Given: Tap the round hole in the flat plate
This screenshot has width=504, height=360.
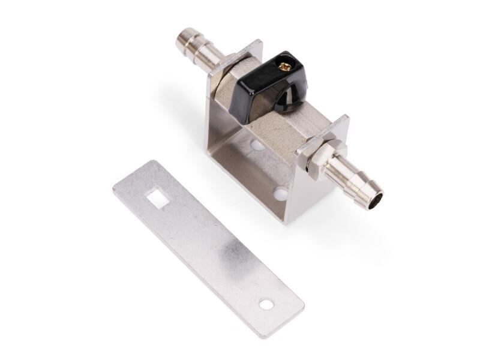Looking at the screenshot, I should click(x=266, y=305).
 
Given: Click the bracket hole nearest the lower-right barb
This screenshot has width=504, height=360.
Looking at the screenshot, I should click(x=280, y=193).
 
